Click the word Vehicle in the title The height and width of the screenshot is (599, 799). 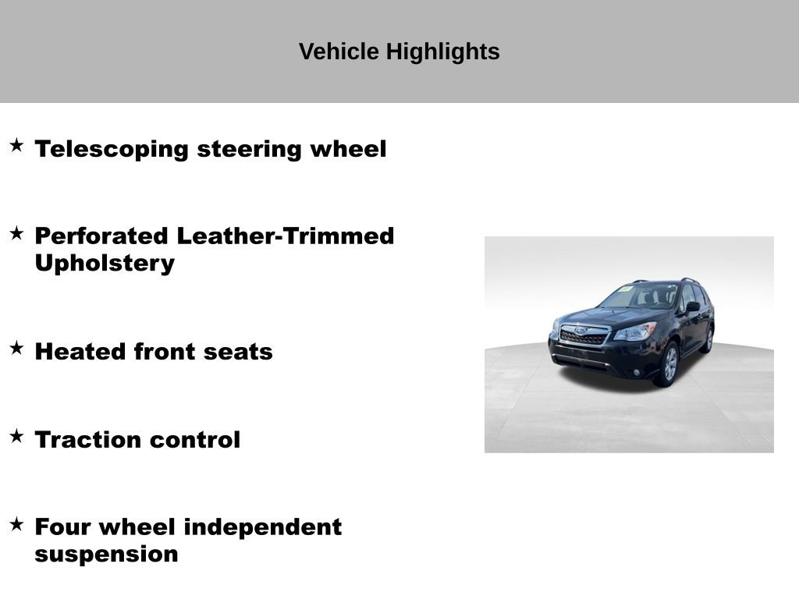pyautogui.click(x=339, y=51)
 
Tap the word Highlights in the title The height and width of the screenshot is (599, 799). pyautogui.click(x=443, y=52)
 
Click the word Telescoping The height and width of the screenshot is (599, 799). pyautogui.click(x=112, y=150)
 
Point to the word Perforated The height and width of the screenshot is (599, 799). pyautogui.click(x=101, y=236)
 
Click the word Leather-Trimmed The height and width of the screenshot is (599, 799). pyautogui.click(x=286, y=236)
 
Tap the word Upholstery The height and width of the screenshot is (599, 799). pyautogui.click(x=105, y=264)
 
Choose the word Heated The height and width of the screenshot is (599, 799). pyautogui.click(x=80, y=352)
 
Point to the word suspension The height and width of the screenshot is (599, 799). pyautogui.click(x=106, y=555)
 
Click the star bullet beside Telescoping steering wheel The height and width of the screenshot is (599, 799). pyautogui.click(x=17, y=145)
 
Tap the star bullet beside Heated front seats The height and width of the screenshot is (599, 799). pyautogui.click(x=17, y=348)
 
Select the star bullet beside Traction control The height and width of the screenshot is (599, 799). pyautogui.click(x=17, y=436)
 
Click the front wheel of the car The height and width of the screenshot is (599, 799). pyautogui.click(x=668, y=364)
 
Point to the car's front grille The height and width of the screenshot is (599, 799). pyautogui.click(x=584, y=335)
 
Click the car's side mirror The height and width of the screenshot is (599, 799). pyautogui.click(x=693, y=306)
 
